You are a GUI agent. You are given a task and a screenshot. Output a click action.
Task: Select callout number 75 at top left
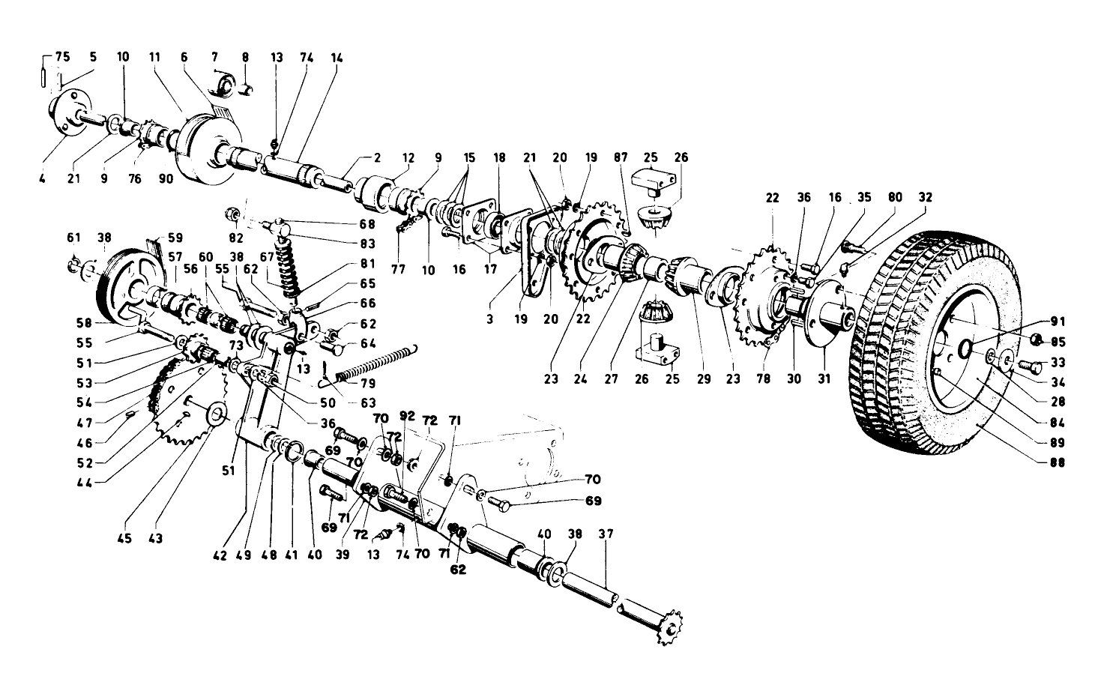[x=63, y=56]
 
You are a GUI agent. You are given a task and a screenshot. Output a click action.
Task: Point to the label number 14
[x=334, y=56]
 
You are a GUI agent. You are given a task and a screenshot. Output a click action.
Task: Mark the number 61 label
[x=73, y=238]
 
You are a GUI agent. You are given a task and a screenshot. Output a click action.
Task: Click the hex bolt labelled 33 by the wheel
[x=1031, y=366]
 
